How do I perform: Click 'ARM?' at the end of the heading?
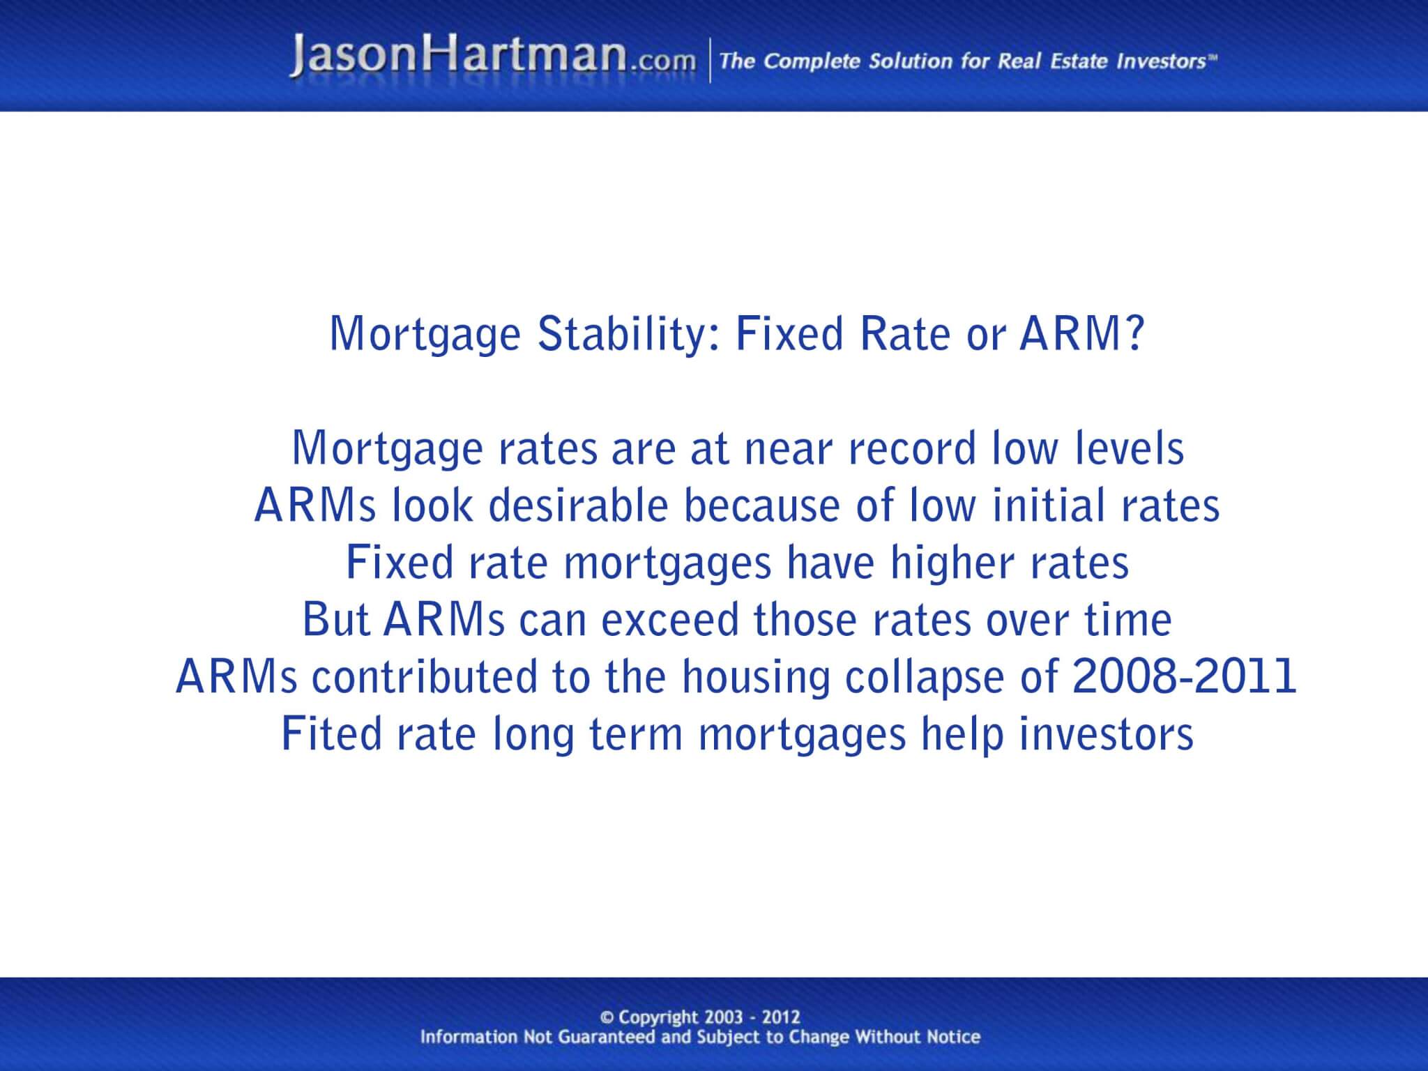coord(1081,333)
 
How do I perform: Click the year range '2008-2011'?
coord(1184,676)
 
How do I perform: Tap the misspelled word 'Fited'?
coord(332,734)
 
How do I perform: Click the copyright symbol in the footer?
coord(606,1017)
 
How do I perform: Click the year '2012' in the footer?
coord(781,1017)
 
